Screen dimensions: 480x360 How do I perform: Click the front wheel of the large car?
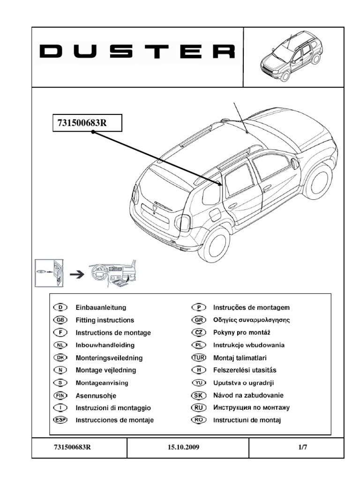(x=319, y=180)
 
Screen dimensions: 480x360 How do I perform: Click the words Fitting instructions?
(x=105, y=320)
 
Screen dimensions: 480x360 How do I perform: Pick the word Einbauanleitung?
(x=100, y=307)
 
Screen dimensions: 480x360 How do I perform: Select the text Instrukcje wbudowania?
(x=248, y=345)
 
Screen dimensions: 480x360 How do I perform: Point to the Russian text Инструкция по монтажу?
(x=252, y=408)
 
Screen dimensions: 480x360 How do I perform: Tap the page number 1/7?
(x=303, y=447)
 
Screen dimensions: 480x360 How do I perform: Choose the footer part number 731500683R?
(x=72, y=447)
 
